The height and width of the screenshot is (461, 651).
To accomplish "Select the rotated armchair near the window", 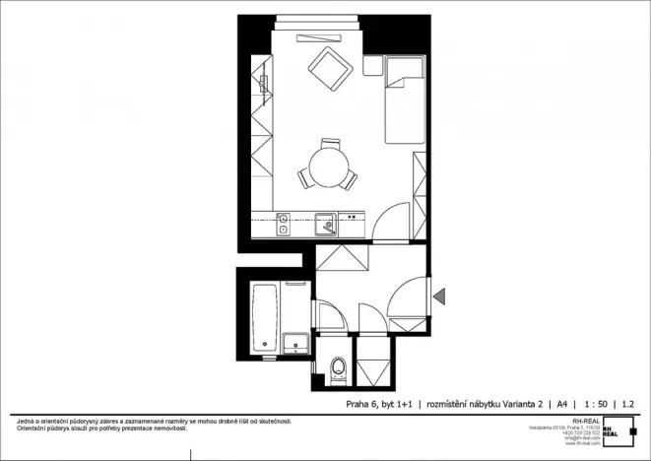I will click(x=329, y=68).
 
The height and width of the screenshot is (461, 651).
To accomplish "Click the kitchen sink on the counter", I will click(x=326, y=226).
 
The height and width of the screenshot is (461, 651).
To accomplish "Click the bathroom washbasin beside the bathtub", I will click(x=296, y=343).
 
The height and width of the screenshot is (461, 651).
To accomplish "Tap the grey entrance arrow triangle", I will click(x=439, y=294).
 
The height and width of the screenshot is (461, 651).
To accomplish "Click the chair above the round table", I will click(x=329, y=144).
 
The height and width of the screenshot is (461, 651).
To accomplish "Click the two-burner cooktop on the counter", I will click(x=283, y=225).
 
